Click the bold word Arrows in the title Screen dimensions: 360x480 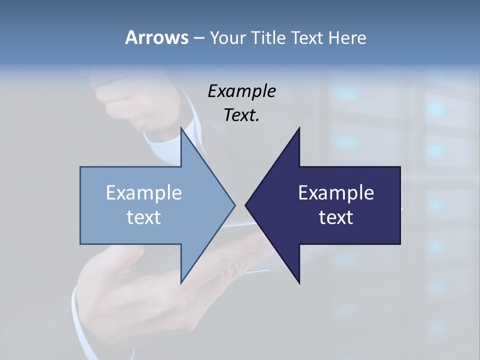(156, 37)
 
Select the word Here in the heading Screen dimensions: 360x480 (347, 37)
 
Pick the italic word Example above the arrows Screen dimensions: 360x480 (241, 91)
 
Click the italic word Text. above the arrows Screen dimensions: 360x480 (241, 115)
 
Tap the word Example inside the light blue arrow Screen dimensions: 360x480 (144, 193)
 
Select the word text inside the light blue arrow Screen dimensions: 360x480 (144, 217)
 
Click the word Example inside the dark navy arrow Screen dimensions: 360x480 (336, 193)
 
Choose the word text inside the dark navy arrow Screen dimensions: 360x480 (336, 217)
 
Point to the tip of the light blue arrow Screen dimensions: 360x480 (234, 205)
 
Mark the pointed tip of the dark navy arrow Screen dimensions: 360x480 (246, 205)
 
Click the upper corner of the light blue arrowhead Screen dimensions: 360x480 (181, 128)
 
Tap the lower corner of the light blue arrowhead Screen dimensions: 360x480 (181, 282)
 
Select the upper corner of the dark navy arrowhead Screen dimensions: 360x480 (299, 128)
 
